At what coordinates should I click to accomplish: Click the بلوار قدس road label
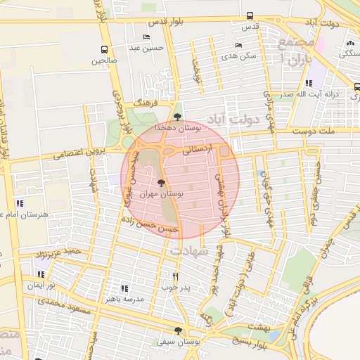pos(167,21)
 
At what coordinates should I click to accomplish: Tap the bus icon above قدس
pos(250,16)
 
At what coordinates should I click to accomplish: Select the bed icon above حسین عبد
pos(146,37)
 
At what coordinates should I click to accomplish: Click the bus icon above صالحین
pos(105,49)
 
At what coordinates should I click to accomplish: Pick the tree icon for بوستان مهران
pos(162,183)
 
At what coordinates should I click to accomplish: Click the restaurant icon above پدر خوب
pos(175,276)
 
